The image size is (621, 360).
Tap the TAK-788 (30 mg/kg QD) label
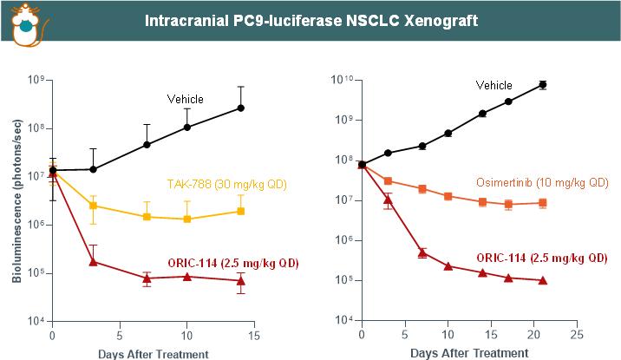coord(226,185)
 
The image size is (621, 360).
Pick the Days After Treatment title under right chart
coord(469,353)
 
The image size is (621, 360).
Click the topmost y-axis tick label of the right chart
coord(342,81)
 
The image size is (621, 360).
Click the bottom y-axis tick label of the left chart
coord(36,322)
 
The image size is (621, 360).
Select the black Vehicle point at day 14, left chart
coord(241,108)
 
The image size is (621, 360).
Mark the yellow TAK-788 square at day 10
coord(186,219)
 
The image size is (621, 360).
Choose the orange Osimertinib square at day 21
coord(543,203)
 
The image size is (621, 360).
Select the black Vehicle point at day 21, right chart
coord(543,84)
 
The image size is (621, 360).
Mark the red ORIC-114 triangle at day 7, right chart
coord(422,252)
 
